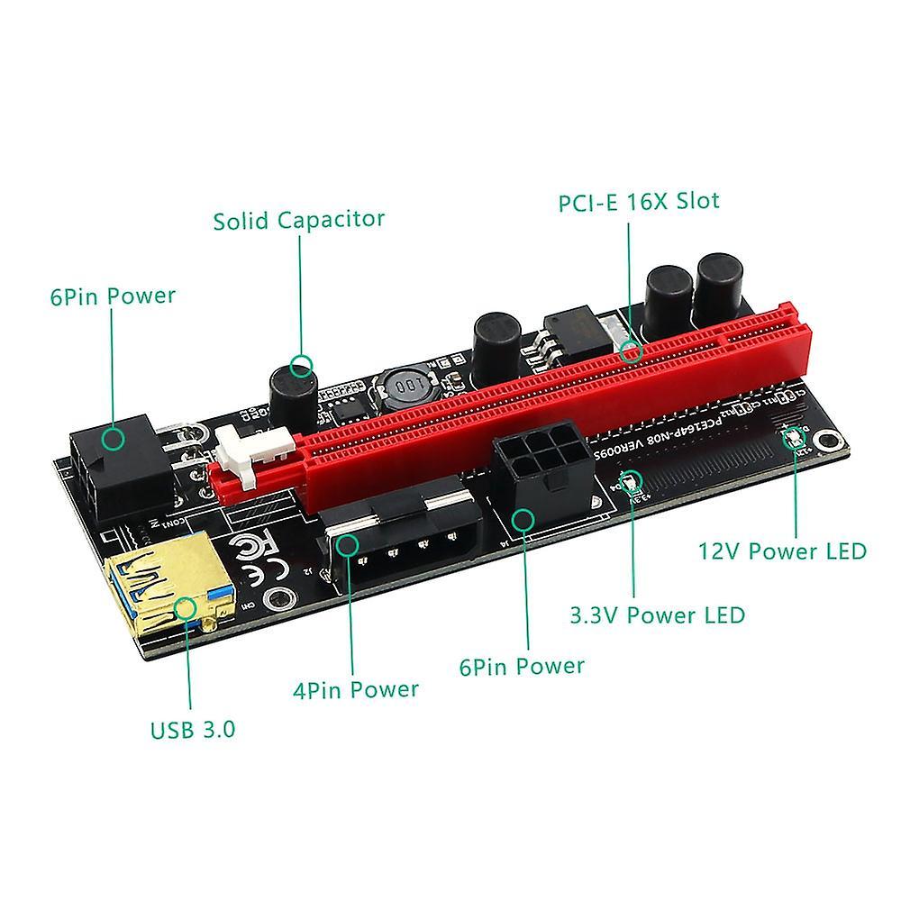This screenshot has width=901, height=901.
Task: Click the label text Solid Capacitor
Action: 298,219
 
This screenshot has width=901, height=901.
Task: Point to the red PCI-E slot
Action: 541,396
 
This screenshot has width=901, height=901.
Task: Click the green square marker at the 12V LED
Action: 796,439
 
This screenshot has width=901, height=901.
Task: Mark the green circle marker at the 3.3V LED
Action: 633,479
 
